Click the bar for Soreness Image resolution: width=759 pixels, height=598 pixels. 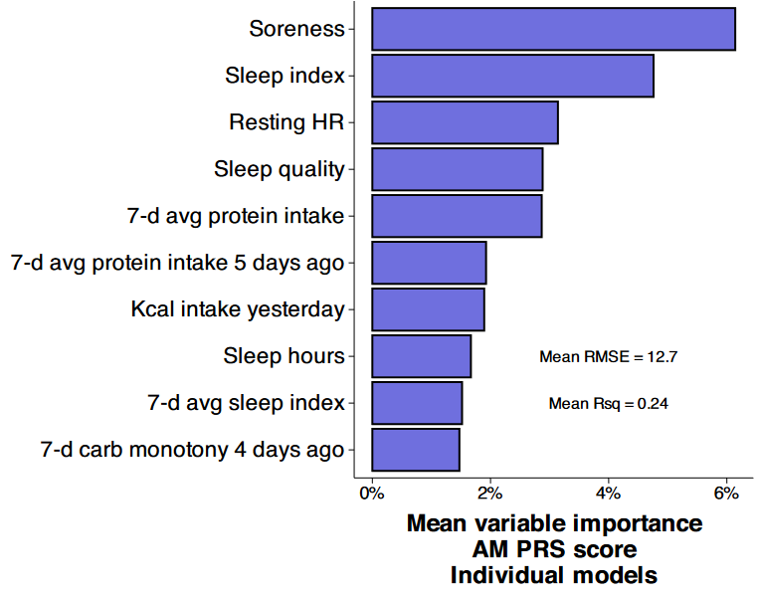(x=553, y=29)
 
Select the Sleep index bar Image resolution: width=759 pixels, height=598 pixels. (x=512, y=76)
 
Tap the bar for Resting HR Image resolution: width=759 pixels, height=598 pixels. (x=465, y=122)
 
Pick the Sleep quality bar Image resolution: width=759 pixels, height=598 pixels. (x=457, y=169)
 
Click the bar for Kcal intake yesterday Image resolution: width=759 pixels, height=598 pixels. (x=428, y=309)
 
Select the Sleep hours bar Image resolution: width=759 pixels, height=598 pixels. (x=421, y=356)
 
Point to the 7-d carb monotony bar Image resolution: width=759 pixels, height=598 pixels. (x=416, y=450)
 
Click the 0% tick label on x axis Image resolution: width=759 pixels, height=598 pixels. (x=372, y=493)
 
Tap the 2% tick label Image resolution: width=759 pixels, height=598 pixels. (x=489, y=493)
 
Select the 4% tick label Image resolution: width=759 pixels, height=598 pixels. (x=608, y=493)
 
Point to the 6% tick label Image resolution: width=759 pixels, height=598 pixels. (x=725, y=493)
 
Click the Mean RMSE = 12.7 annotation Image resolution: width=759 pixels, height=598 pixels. (x=608, y=356)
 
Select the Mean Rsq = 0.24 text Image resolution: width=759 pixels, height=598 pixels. (x=608, y=403)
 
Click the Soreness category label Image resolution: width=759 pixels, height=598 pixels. (x=296, y=29)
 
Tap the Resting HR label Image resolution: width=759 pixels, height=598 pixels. (x=286, y=122)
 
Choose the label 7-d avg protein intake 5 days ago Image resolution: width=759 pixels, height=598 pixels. (x=178, y=263)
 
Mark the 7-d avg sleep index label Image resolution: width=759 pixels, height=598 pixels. (x=246, y=403)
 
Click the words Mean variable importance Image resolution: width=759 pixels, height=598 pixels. (x=554, y=523)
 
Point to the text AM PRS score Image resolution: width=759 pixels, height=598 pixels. (x=554, y=549)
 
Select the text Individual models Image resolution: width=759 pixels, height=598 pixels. (x=554, y=575)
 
